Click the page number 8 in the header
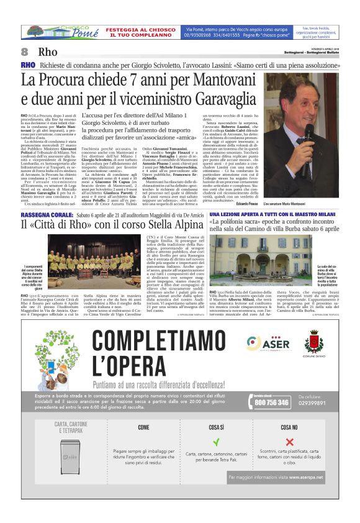25,51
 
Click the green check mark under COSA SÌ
216,443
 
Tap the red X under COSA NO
289,443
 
